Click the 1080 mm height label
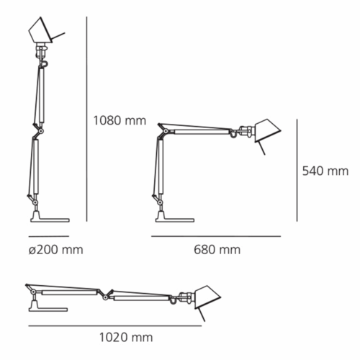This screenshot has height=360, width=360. coord(120,120)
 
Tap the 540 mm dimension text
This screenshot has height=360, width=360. coord(325,171)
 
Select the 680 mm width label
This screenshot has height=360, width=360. coord(217,250)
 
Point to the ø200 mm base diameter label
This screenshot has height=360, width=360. coord(56,250)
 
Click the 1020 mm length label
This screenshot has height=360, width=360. coord(126,338)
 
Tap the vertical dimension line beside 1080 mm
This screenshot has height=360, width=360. coord(86,119)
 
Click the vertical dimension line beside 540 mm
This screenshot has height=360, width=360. coord(297,170)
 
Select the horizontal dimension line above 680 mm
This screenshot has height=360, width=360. coord(216,236)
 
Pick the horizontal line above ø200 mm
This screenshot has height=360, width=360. coord(49,236)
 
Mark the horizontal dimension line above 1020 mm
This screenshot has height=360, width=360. coord(115,325)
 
